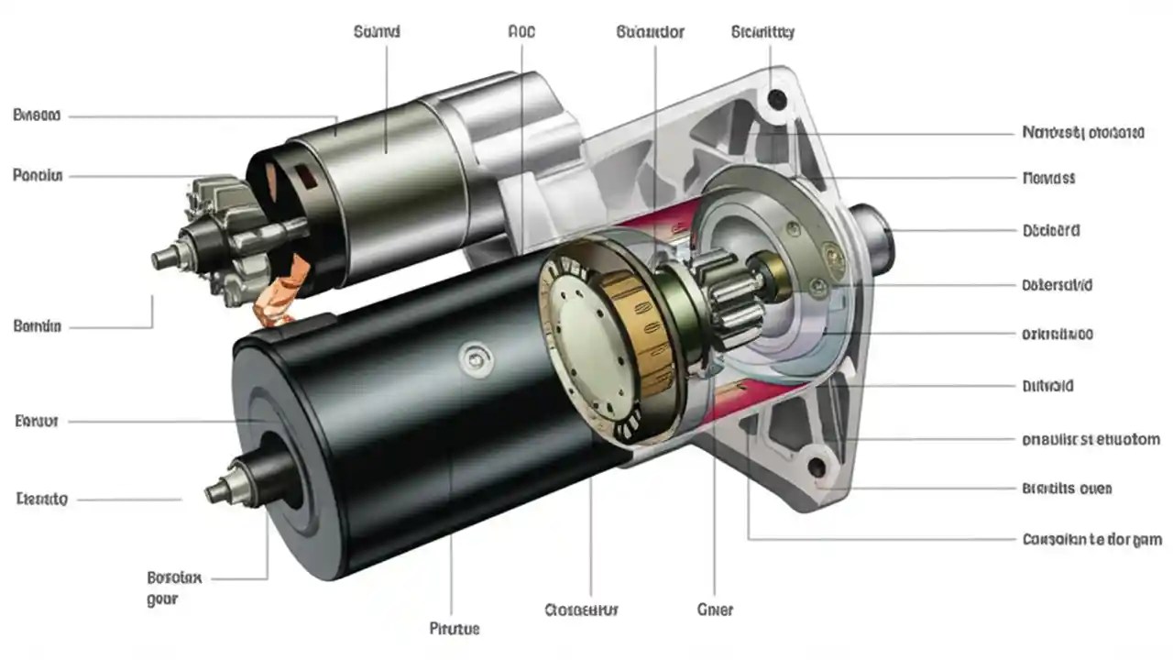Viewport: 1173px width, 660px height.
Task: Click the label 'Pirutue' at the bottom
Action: (455, 629)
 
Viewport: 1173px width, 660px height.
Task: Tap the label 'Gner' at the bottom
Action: (716, 609)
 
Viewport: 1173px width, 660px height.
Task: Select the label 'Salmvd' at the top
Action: (376, 32)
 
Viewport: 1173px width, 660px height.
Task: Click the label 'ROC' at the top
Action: (521, 32)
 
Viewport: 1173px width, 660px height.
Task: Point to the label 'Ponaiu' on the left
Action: (38, 174)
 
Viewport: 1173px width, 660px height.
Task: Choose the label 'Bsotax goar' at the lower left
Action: (174, 588)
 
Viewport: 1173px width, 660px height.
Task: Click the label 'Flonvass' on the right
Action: (1047, 178)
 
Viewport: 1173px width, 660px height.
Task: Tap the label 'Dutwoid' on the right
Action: (1047, 387)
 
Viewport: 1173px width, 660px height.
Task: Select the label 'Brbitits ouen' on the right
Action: (1066, 489)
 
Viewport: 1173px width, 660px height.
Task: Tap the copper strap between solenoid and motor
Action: (291, 287)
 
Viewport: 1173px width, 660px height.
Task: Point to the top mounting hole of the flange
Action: (776, 98)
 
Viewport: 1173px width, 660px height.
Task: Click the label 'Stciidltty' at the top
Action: (762, 32)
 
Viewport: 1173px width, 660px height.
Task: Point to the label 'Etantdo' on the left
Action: (42, 500)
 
